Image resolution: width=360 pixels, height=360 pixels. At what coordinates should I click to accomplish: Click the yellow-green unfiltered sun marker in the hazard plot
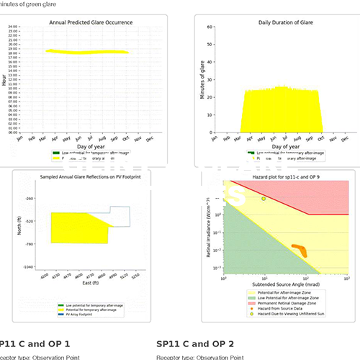[264, 199]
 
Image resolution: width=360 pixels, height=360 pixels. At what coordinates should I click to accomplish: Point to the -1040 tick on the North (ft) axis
[29, 266]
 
